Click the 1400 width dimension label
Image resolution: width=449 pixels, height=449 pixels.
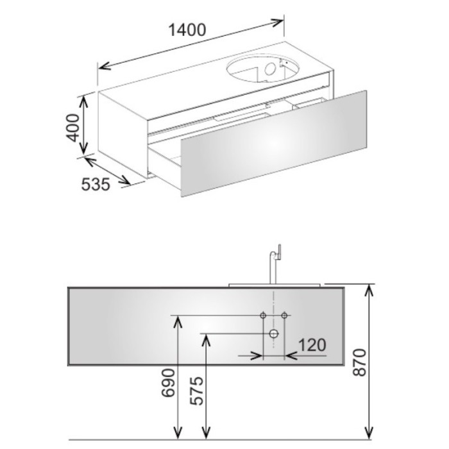[187, 30]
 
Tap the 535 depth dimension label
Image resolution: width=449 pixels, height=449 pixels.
[96, 184]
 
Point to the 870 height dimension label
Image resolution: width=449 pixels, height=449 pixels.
[360, 362]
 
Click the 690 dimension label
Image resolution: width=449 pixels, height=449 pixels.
[168, 383]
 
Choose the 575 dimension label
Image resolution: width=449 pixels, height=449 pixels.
[197, 391]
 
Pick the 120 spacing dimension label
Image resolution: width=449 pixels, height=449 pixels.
[312, 345]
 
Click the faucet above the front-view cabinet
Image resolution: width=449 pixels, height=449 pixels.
[274, 264]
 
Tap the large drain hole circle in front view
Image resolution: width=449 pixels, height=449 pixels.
[274, 334]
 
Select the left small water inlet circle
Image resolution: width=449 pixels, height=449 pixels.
[263, 316]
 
